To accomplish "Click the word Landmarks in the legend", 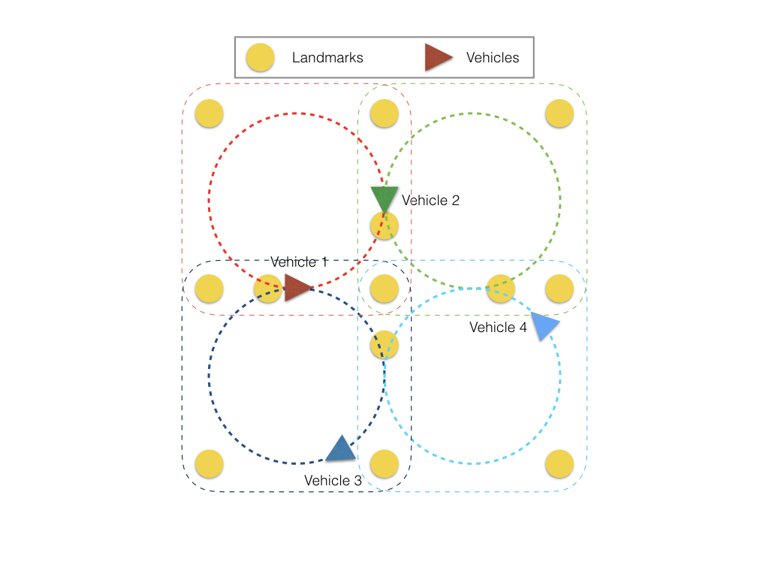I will coord(327,58).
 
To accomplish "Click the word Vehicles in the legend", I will coord(493,58).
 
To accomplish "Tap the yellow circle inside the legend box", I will coord(261,58).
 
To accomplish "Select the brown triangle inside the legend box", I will coord(437,58).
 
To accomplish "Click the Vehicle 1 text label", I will coord(299,262).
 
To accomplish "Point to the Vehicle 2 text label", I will coord(430,201).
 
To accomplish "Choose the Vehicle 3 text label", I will coord(333,481).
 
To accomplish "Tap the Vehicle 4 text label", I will coord(498,328).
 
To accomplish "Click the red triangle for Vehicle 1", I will coord(297,287).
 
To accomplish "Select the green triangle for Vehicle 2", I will coord(384,198).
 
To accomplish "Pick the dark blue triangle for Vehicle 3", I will coord(340,449).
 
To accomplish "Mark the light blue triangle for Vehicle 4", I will coord(546,326).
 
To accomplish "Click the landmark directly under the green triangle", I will coord(384,225).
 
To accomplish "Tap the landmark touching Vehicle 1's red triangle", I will coord(267,288).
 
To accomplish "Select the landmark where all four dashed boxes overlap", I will coord(384,288).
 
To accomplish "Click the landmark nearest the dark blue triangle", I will coord(384,464).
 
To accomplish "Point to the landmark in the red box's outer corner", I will coord(209,113).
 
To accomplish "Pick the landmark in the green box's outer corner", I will coord(559,113).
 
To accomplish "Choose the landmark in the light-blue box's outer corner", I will coord(559,464).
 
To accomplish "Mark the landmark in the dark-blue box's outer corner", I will coord(209,464).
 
